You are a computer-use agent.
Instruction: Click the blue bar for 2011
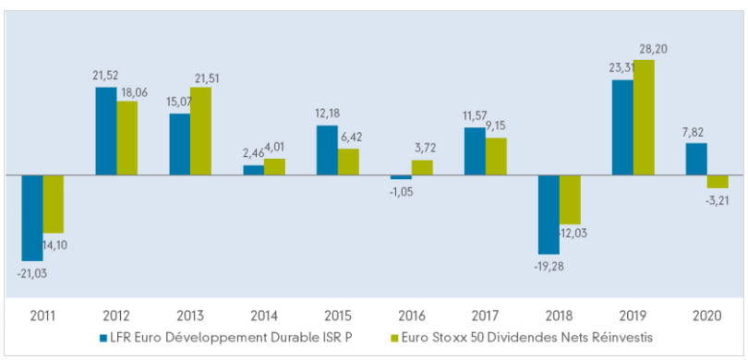click(32, 217)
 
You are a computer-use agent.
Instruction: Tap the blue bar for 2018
click(549, 214)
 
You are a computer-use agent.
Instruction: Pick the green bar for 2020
click(718, 181)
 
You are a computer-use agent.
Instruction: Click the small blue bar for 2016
click(401, 177)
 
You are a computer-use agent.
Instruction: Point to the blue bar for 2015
click(327, 150)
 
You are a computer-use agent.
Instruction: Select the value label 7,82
click(695, 133)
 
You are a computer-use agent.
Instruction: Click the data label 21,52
click(106, 77)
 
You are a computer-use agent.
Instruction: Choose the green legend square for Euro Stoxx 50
click(394, 337)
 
